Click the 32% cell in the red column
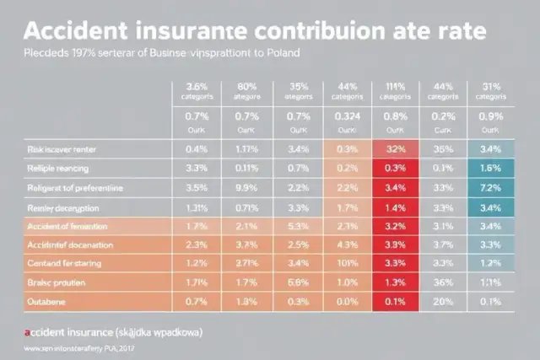pyautogui.click(x=393, y=148)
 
